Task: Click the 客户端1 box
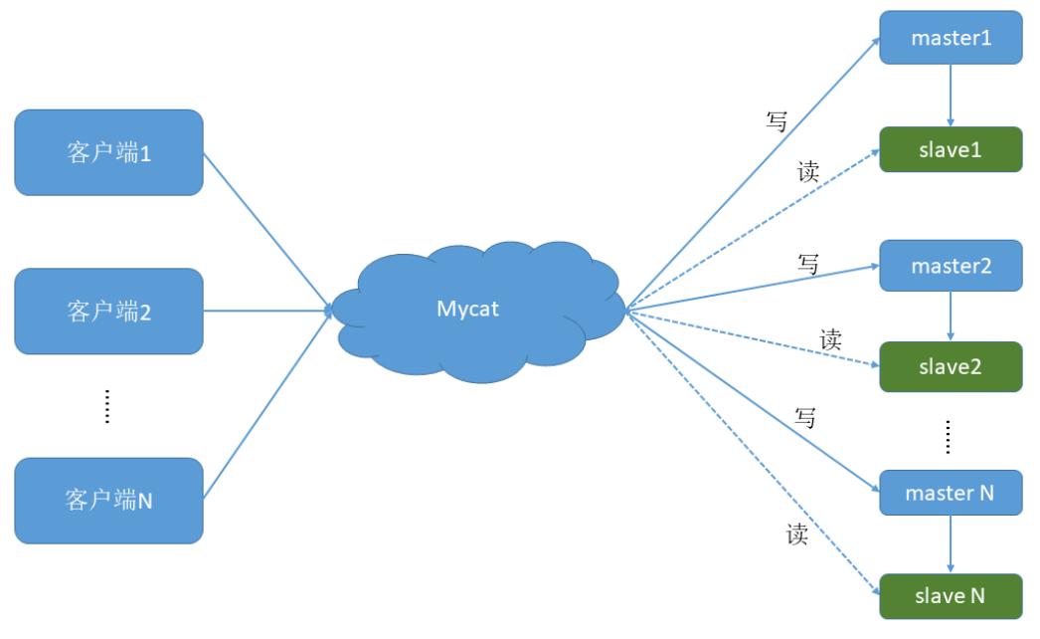108,152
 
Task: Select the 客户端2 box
108,311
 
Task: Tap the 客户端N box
108,500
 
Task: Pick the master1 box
951,38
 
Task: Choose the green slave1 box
951,149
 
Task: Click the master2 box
951,266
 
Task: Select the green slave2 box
951,366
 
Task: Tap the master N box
951,492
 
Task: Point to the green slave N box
951,596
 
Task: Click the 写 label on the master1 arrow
777,122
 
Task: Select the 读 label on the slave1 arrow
808,170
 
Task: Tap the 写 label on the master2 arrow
808,264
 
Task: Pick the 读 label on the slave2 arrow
831,339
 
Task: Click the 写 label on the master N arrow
805,418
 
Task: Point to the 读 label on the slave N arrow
796,534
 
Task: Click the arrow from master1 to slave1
951,96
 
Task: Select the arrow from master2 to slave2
951,317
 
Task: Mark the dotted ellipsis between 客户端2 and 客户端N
107,407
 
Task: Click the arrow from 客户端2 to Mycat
268,311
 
